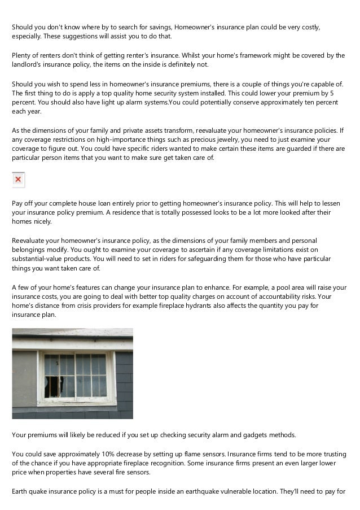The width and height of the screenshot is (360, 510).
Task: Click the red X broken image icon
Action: (x=18, y=180)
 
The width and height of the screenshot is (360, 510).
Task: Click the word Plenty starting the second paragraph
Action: (x=23, y=55)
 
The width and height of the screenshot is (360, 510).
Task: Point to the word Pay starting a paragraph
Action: (x=19, y=203)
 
